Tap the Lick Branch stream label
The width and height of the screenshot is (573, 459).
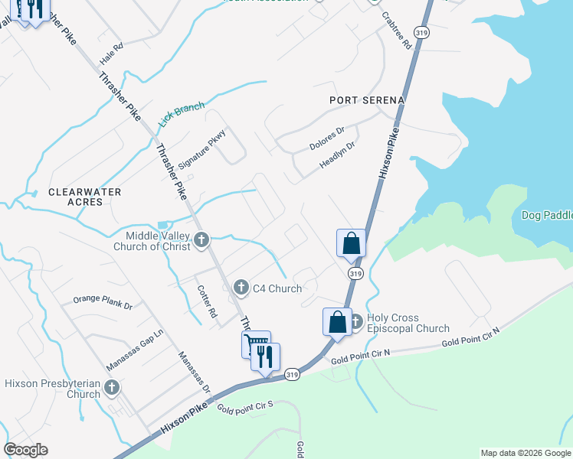[x=182, y=114]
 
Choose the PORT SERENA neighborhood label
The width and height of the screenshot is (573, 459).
[x=366, y=100]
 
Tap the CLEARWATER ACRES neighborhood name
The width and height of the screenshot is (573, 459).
[x=75, y=197]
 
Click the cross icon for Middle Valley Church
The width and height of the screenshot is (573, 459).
[x=201, y=240]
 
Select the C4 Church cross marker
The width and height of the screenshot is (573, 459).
[x=241, y=288]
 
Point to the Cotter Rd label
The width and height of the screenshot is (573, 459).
[x=208, y=301]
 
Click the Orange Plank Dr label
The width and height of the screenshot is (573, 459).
[x=103, y=302]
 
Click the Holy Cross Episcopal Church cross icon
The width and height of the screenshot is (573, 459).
[x=356, y=321]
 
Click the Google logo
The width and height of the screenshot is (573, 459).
[x=26, y=450]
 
